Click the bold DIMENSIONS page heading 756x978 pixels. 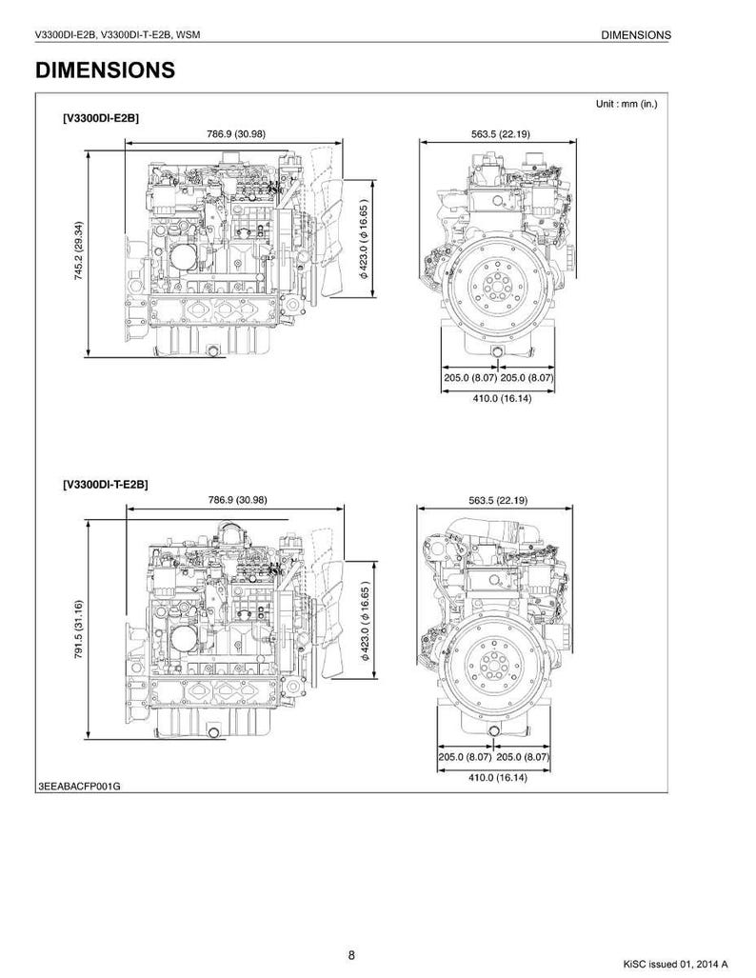coord(105,70)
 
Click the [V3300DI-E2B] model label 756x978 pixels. coord(100,118)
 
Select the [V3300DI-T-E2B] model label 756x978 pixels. coord(106,484)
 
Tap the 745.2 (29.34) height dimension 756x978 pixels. coord(79,250)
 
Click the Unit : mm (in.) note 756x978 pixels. coord(627,104)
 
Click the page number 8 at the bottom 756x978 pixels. coord(351,955)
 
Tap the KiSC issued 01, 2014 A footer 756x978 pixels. coord(675,964)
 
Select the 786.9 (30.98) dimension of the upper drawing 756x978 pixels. coord(236,133)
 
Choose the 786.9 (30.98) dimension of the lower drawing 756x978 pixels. coord(237,500)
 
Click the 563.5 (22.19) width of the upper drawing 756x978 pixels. coord(500,133)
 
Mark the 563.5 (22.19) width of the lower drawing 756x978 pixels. coord(498,500)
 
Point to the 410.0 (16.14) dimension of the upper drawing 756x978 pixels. coord(502,398)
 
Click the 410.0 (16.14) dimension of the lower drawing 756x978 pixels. coord(498,777)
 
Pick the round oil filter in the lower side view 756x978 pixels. coord(183,639)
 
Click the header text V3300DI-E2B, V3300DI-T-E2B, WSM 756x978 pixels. coord(118,35)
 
